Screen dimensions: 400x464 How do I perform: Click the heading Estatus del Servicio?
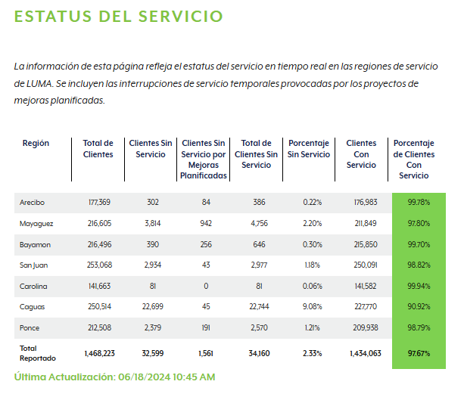(x=119, y=16)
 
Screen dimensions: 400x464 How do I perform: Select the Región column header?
(x=36, y=143)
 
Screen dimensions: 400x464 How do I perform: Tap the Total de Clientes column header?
(x=98, y=148)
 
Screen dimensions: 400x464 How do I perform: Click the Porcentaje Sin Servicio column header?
(x=309, y=148)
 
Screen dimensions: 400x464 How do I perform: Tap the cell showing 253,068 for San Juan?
(x=99, y=265)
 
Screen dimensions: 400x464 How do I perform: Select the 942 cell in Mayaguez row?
(x=204, y=224)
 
